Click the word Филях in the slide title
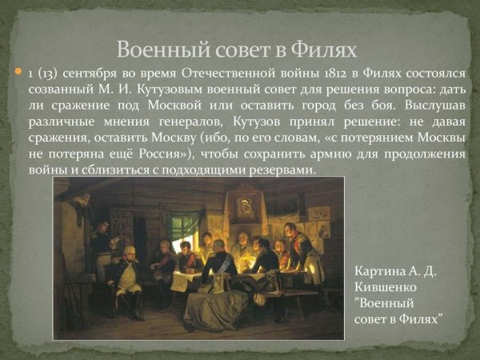point(324,50)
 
